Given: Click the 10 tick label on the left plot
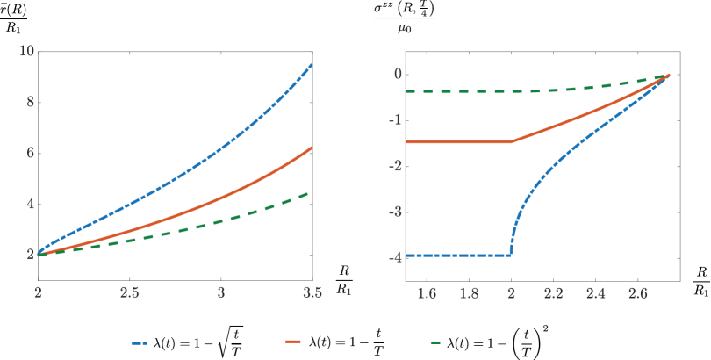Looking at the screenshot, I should pyautogui.click(x=27, y=51).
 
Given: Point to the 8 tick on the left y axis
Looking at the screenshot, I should pyautogui.click(x=30, y=102).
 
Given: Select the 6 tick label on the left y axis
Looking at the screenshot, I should pyautogui.click(x=30, y=153).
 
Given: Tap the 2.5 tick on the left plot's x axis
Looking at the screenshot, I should pyautogui.click(x=130, y=292).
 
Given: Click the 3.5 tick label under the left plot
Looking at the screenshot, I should pyautogui.click(x=312, y=292).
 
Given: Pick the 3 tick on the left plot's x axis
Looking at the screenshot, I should pyautogui.click(x=221, y=292).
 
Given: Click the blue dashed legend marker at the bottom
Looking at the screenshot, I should pyautogui.click(x=140, y=342).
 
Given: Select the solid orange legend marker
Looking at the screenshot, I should pyautogui.click(x=293, y=342).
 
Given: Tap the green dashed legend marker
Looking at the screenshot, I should pyautogui.click(x=435, y=342).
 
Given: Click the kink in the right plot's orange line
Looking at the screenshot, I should pyautogui.click(x=512, y=141).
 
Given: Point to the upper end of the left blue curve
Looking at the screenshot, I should pyautogui.click(x=312, y=65).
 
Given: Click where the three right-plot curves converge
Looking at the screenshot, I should pyautogui.click(x=669, y=75).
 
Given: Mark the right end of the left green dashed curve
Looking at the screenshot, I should pyautogui.click(x=311, y=192).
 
